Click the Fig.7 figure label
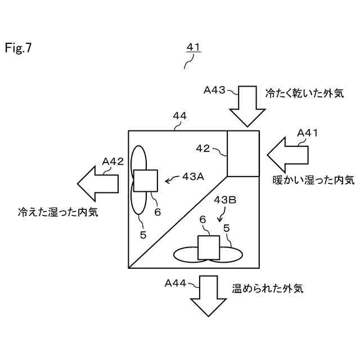[19, 48]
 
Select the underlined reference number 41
[193, 48]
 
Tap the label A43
[214, 89]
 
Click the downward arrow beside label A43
[247, 107]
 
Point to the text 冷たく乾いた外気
[304, 93]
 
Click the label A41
[308, 133]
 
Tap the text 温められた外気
[268, 289]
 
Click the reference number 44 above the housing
[180, 116]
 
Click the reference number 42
[202, 148]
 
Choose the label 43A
[192, 176]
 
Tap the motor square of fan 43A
[145, 181]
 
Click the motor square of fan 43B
[208, 248]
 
